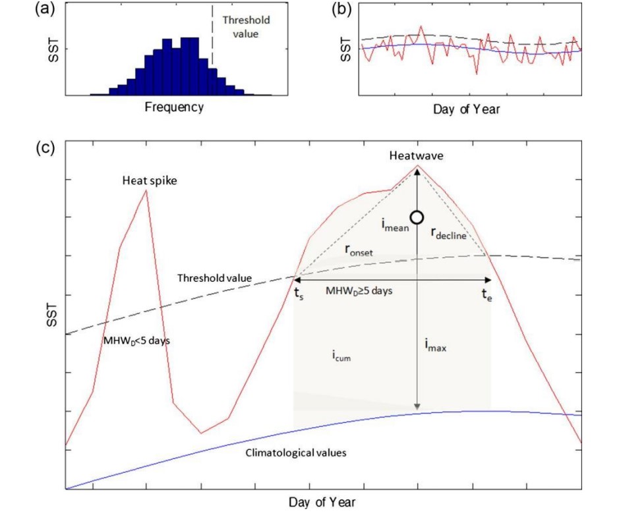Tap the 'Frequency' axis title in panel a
click(174, 107)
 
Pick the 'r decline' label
click(449, 232)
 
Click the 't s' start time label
click(299, 294)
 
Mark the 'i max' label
click(436, 344)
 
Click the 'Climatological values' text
click(296, 453)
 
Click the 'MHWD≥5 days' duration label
click(359, 289)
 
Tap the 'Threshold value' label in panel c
click(214, 278)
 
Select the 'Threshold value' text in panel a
click(246, 26)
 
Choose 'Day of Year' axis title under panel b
click(466, 109)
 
